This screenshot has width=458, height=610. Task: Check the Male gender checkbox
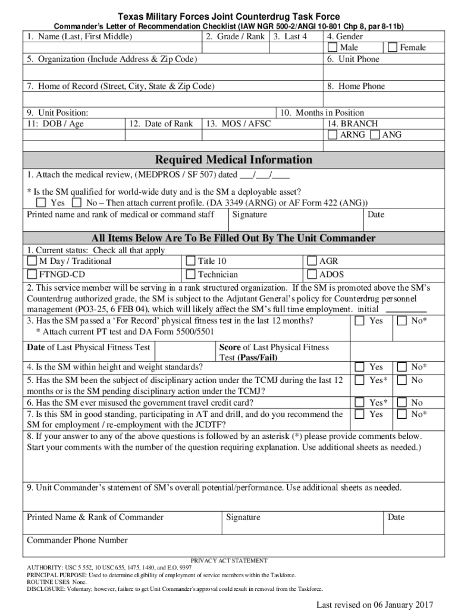coord(332,48)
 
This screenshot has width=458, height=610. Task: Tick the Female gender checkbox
coord(393,48)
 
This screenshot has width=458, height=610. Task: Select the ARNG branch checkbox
coord(332,135)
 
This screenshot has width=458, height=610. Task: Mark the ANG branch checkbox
coord(375,135)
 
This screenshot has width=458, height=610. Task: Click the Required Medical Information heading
coord(233,160)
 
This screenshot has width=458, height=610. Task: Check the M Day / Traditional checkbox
coord(32,261)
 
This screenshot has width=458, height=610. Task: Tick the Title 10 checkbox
coord(190,261)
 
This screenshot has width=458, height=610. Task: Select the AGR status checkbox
coord(312,261)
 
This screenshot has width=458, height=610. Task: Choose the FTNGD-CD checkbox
coord(32,275)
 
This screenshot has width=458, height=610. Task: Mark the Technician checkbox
coord(190,275)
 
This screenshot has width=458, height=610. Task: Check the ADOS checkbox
coord(312,275)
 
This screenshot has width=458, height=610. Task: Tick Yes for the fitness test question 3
coord(360,321)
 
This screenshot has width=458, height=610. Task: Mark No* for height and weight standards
coord(402,367)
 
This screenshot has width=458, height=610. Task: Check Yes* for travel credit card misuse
coord(360,402)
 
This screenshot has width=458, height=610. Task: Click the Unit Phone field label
coord(353,59)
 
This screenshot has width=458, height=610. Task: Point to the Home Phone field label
coord(356,86)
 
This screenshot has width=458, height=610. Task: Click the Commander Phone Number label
coord(77,540)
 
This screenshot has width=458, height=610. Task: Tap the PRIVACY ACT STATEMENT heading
coord(229,561)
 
